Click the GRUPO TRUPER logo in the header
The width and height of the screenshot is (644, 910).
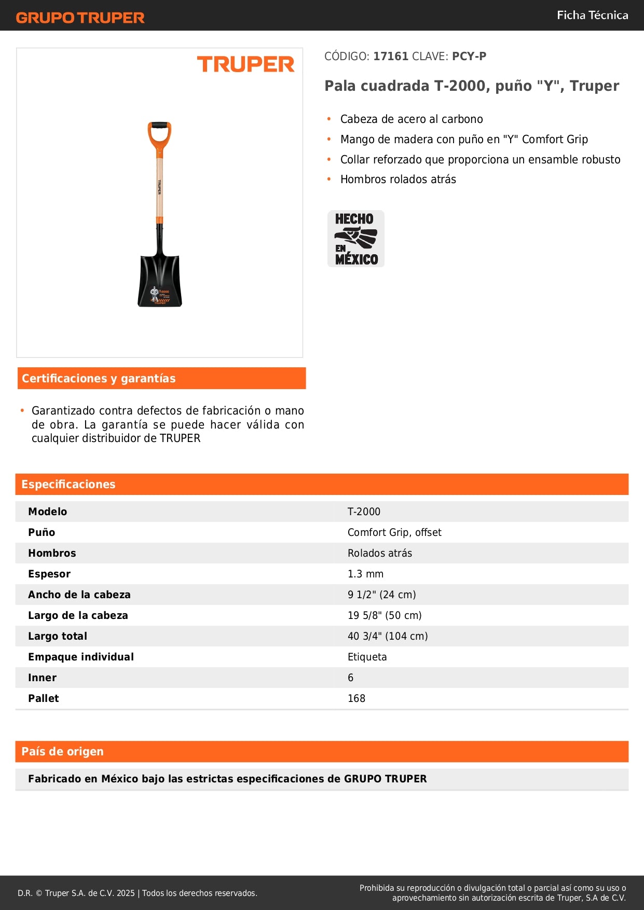(x=80, y=18)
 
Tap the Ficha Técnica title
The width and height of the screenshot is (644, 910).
(x=592, y=15)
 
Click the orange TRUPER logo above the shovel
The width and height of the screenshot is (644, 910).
(x=245, y=64)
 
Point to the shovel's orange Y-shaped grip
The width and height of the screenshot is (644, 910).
(x=159, y=136)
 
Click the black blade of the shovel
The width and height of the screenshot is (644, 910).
(x=160, y=280)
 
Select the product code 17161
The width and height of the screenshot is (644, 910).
(x=391, y=56)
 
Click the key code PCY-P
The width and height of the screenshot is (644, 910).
(x=469, y=56)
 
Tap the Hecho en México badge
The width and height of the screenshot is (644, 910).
(x=356, y=239)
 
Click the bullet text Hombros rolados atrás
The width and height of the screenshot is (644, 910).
(x=398, y=180)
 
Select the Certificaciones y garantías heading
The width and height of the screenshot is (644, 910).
(x=99, y=378)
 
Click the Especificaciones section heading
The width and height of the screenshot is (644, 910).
(x=68, y=484)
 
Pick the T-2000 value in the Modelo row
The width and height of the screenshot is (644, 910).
(x=364, y=512)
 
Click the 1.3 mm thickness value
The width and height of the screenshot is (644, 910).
(x=365, y=574)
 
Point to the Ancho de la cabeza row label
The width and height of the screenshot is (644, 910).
(x=79, y=595)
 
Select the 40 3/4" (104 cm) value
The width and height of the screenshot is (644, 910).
(x=388, y=636)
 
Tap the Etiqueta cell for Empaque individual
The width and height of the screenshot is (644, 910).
(x=367, y=657)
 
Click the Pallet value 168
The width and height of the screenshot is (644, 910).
(x=357, y=698)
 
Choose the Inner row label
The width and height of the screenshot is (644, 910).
(x=43, y=678)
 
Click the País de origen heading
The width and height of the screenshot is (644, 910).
(x=62, y=751)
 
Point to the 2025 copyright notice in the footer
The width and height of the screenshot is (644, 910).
(x=138, y=893)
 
